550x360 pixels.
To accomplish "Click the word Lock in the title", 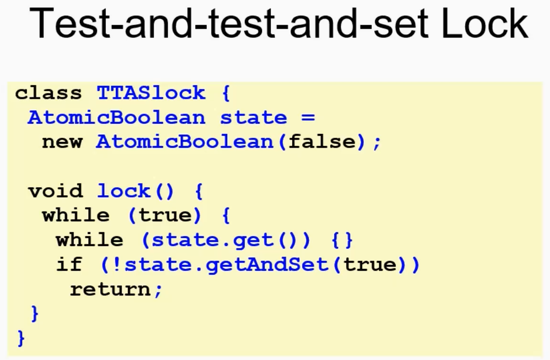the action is point(485,24).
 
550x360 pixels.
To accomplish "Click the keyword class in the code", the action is point(48,93).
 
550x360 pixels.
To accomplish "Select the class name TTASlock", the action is point(151,93).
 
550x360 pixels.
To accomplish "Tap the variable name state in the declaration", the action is point(253,117).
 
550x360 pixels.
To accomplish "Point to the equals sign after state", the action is point(308,117).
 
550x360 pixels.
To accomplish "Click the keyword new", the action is point(62,142).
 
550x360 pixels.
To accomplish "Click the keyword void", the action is point(56,191).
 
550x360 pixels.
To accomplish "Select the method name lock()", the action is point(135,191).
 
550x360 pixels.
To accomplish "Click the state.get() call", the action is point(226,240).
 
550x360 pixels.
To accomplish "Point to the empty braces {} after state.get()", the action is point(342,240).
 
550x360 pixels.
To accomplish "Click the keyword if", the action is point(69,264).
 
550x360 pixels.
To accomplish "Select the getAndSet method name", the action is point(267,265).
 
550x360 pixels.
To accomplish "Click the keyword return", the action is point(110,290).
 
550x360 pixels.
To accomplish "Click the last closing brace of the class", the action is point(21,338).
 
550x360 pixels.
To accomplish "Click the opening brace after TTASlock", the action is point(226,94).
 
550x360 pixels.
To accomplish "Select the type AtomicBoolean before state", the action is point(116,117).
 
